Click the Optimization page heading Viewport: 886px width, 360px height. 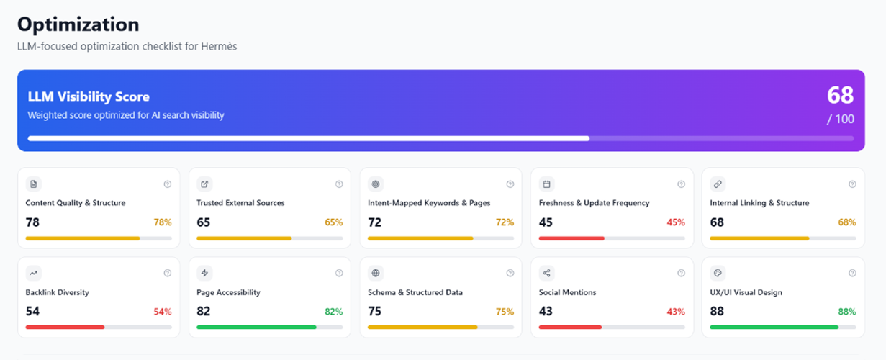point(78,24)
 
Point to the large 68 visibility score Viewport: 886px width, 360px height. point(840,95)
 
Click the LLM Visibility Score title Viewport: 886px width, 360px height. point(89,96)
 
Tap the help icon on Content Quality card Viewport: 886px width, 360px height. point(168,184)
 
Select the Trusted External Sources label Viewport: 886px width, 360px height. point(240,203)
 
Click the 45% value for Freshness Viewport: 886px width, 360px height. point(676,222)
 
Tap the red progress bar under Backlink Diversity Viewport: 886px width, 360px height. point(65,327)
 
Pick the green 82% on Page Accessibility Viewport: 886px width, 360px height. point(333,312)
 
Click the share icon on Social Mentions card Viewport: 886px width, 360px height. point(547,273)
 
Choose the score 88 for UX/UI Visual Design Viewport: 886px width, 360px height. point(717,311)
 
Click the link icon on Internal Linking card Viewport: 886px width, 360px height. point(718,184)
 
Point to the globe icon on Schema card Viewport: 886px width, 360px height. point(375,273)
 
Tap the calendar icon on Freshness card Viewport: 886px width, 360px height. point(547,184)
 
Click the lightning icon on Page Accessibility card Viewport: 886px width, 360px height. point(204,273)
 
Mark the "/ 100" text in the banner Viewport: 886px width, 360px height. point(840,120)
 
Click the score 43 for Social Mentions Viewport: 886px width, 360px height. point(546,311)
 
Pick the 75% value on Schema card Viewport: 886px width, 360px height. point(505,312)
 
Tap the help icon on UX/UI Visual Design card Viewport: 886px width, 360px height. point(852,273)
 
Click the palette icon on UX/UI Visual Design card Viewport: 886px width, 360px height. point(718,273)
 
